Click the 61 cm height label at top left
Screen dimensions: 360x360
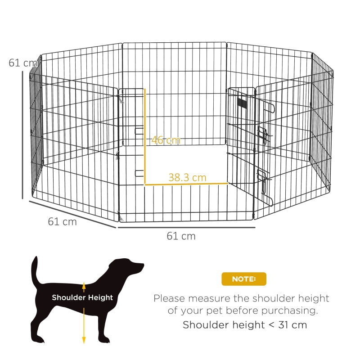coord(22,63)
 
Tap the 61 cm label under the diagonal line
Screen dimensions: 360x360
coord(62,221)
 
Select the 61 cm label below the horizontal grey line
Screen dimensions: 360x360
coord(181,236)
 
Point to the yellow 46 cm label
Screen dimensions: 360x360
coord(166,140)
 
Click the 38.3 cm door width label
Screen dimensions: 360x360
coord(187,177)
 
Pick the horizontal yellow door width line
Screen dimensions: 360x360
coord(186,184)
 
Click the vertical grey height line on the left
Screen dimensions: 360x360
coord(22,135)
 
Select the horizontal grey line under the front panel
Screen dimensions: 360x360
coord(186,228)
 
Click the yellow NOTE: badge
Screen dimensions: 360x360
coord(243,279)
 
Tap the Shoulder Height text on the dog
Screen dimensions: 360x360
coord(82,297)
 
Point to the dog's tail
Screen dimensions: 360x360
coord(34,270)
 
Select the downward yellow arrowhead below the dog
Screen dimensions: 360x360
coord(84,341)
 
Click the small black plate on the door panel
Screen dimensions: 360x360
coord(243,103)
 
